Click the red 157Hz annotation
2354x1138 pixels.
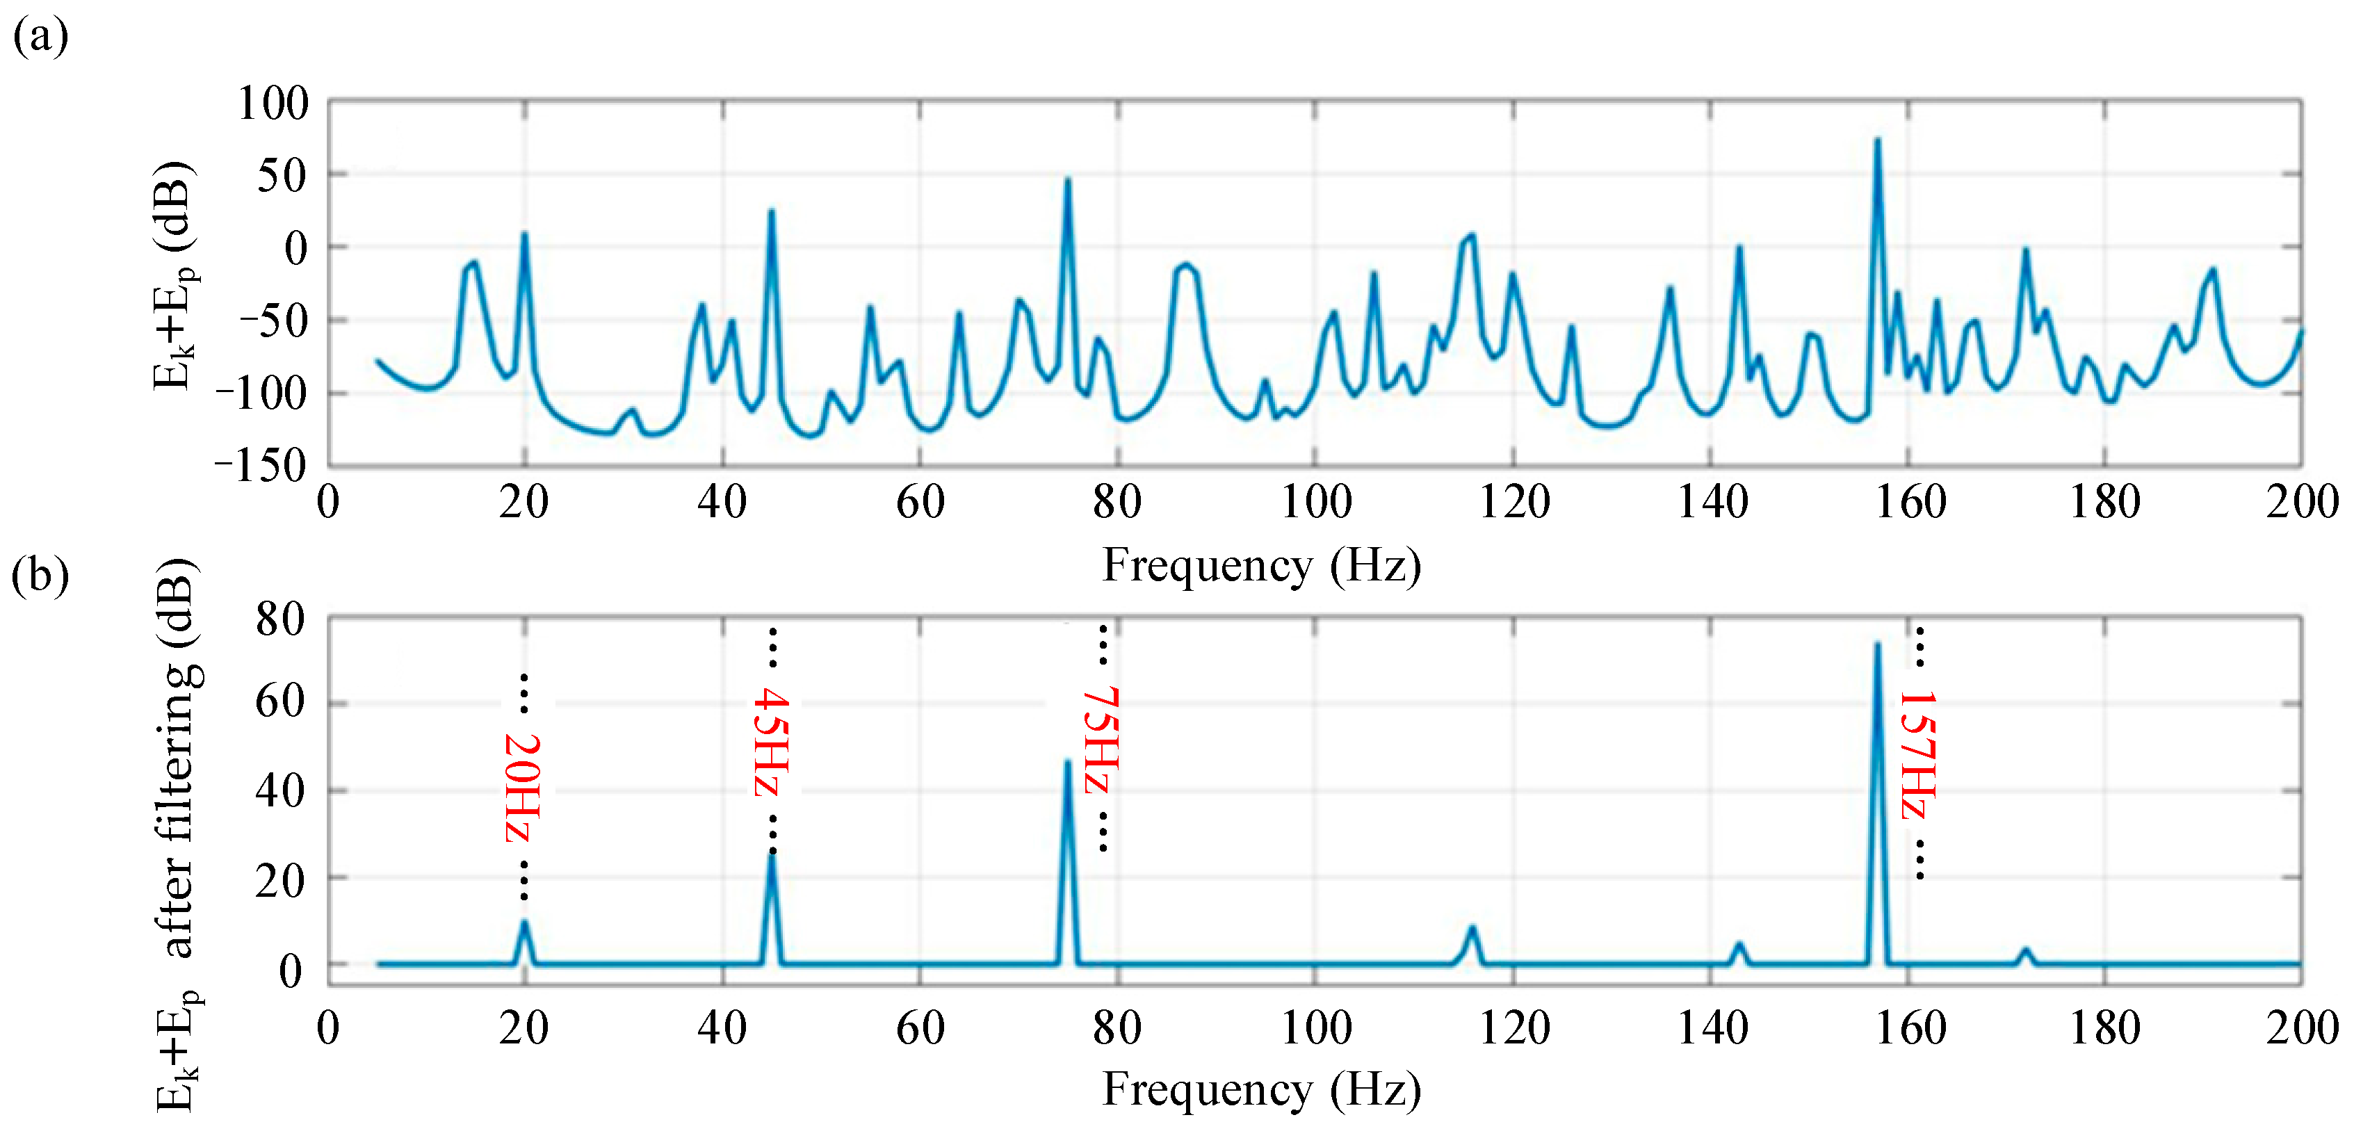[x=1918, y=754]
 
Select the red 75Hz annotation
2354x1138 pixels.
[x=1102, y=740]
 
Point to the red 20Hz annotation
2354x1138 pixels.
[x=523, y=787]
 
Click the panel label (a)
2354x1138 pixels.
[x=40, y=37]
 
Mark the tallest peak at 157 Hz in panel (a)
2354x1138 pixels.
[x=1878, y=140]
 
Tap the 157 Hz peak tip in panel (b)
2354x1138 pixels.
[x=1878, y=644]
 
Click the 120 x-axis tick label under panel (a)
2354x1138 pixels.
[x=1514, y=502]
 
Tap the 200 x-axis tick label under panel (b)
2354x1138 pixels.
[x=2302, y=1027]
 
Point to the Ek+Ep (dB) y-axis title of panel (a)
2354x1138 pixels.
[x=174, y=274]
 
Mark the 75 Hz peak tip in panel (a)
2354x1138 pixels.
[x=1067, y=179]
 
